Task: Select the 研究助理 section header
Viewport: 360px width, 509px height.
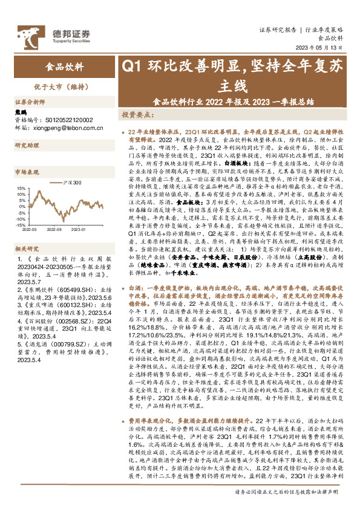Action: pos(27,146)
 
